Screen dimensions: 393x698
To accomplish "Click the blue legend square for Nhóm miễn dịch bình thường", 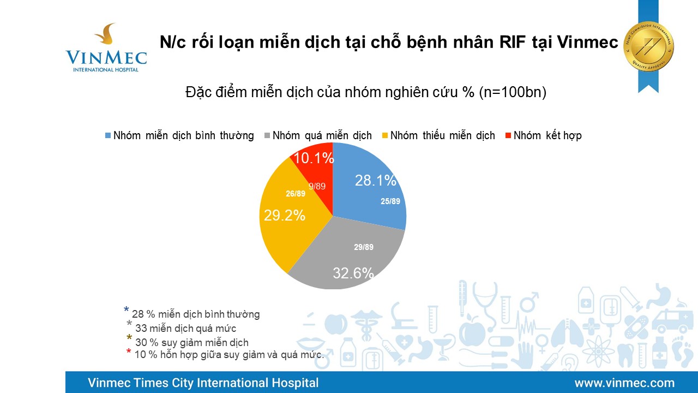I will coord(108,135).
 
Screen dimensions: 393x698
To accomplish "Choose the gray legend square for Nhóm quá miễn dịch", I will coord(267,135).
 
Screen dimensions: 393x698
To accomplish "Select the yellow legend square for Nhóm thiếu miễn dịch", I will coord(384,135).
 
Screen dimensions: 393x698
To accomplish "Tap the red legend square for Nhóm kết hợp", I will coord(508,135).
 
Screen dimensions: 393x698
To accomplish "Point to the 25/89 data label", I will coord(390,201).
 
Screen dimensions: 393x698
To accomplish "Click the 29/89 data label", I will coord(364,247).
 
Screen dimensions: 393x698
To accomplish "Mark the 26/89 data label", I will coord(296,193).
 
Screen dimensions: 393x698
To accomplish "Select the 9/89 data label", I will coord(317,186).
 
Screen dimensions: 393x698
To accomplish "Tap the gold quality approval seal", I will coord(648,46).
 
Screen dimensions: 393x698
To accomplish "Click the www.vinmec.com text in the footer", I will coord(624,383).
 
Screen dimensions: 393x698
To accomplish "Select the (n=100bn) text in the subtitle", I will coord(513,92).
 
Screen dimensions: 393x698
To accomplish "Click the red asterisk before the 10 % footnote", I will coord(129,353).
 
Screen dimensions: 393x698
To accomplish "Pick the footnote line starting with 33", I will coord(185,328).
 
